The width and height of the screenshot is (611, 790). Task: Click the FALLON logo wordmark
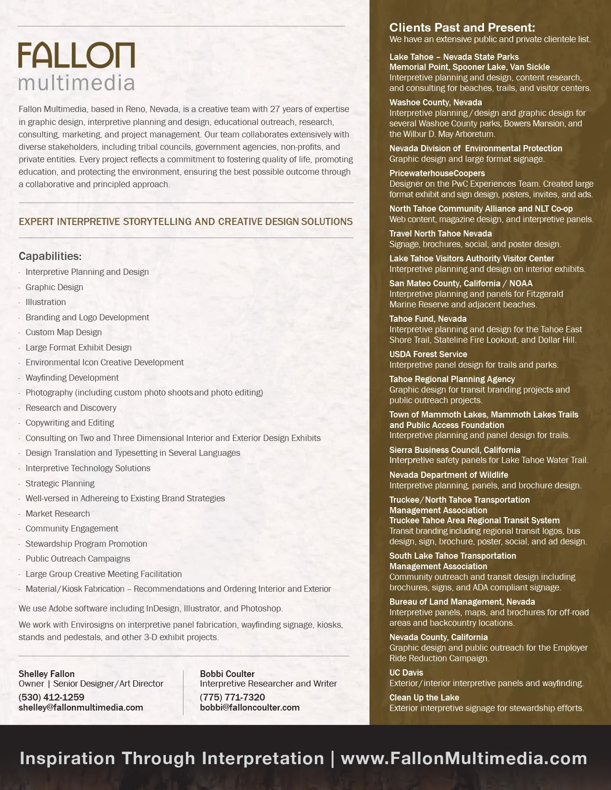click(76, 55)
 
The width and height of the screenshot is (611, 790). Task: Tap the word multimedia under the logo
click(76, 82)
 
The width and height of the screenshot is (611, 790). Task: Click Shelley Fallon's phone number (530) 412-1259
click(51, 697)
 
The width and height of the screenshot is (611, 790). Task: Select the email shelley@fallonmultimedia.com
click(81, 708)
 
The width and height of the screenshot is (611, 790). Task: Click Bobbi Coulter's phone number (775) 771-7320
click(232, 697)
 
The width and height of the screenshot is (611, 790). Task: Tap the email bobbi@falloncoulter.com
click(250, 708)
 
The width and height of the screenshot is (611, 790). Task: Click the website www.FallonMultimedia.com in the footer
click(463, 758)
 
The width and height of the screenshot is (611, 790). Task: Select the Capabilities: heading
click(50, 256)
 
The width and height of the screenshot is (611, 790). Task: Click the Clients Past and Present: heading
click(462, 27)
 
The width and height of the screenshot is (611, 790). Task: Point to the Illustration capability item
click(46, 302)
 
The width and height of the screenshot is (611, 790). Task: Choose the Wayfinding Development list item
click(72, 378)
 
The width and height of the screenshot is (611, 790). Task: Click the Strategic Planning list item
click(60, 484)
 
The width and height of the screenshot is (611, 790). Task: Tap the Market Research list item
click(58, 514)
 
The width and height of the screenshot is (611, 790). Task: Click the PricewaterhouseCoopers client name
click(437, 173)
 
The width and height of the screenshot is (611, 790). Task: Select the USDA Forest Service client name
click(428, 354)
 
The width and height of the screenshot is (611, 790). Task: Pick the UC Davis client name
click(406, 673)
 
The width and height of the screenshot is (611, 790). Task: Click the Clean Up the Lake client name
click(424, 698)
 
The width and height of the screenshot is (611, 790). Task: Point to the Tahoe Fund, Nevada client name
click(427, 319)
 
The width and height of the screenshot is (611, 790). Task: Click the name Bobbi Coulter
click(227, 674)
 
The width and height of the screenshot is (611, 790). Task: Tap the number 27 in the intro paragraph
click(275, 109)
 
